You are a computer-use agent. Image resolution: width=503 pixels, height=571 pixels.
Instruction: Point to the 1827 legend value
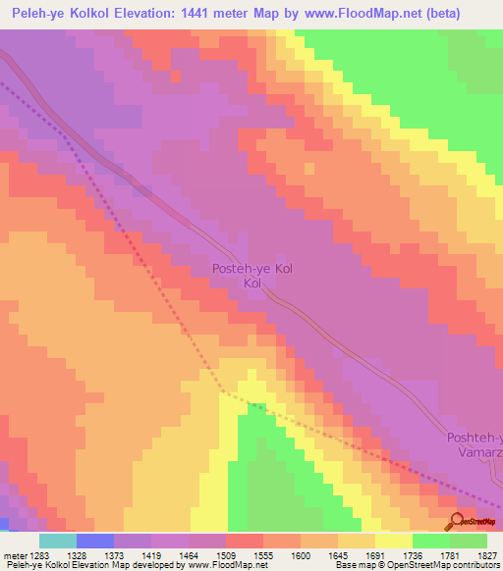click(x=488, y=556)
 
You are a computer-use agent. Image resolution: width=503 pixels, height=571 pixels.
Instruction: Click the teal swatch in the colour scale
click(x=57, y=541)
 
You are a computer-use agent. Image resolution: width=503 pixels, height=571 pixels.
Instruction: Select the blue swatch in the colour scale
click(x=94, y=541)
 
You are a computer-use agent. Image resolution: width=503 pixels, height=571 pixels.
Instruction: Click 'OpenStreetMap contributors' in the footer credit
click(x=441, y=566)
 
